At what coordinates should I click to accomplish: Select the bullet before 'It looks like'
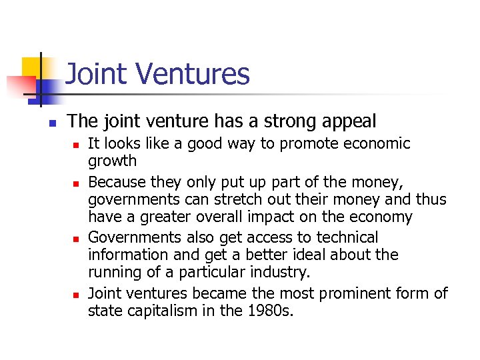(x=76, y=145)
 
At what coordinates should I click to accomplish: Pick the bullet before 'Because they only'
(x=76, y=183)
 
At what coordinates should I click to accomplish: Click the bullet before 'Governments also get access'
(x=76, y=239)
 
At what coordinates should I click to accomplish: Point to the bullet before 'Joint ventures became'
(x=76, y=294)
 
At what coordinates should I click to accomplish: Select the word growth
(x=112, y=161)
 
